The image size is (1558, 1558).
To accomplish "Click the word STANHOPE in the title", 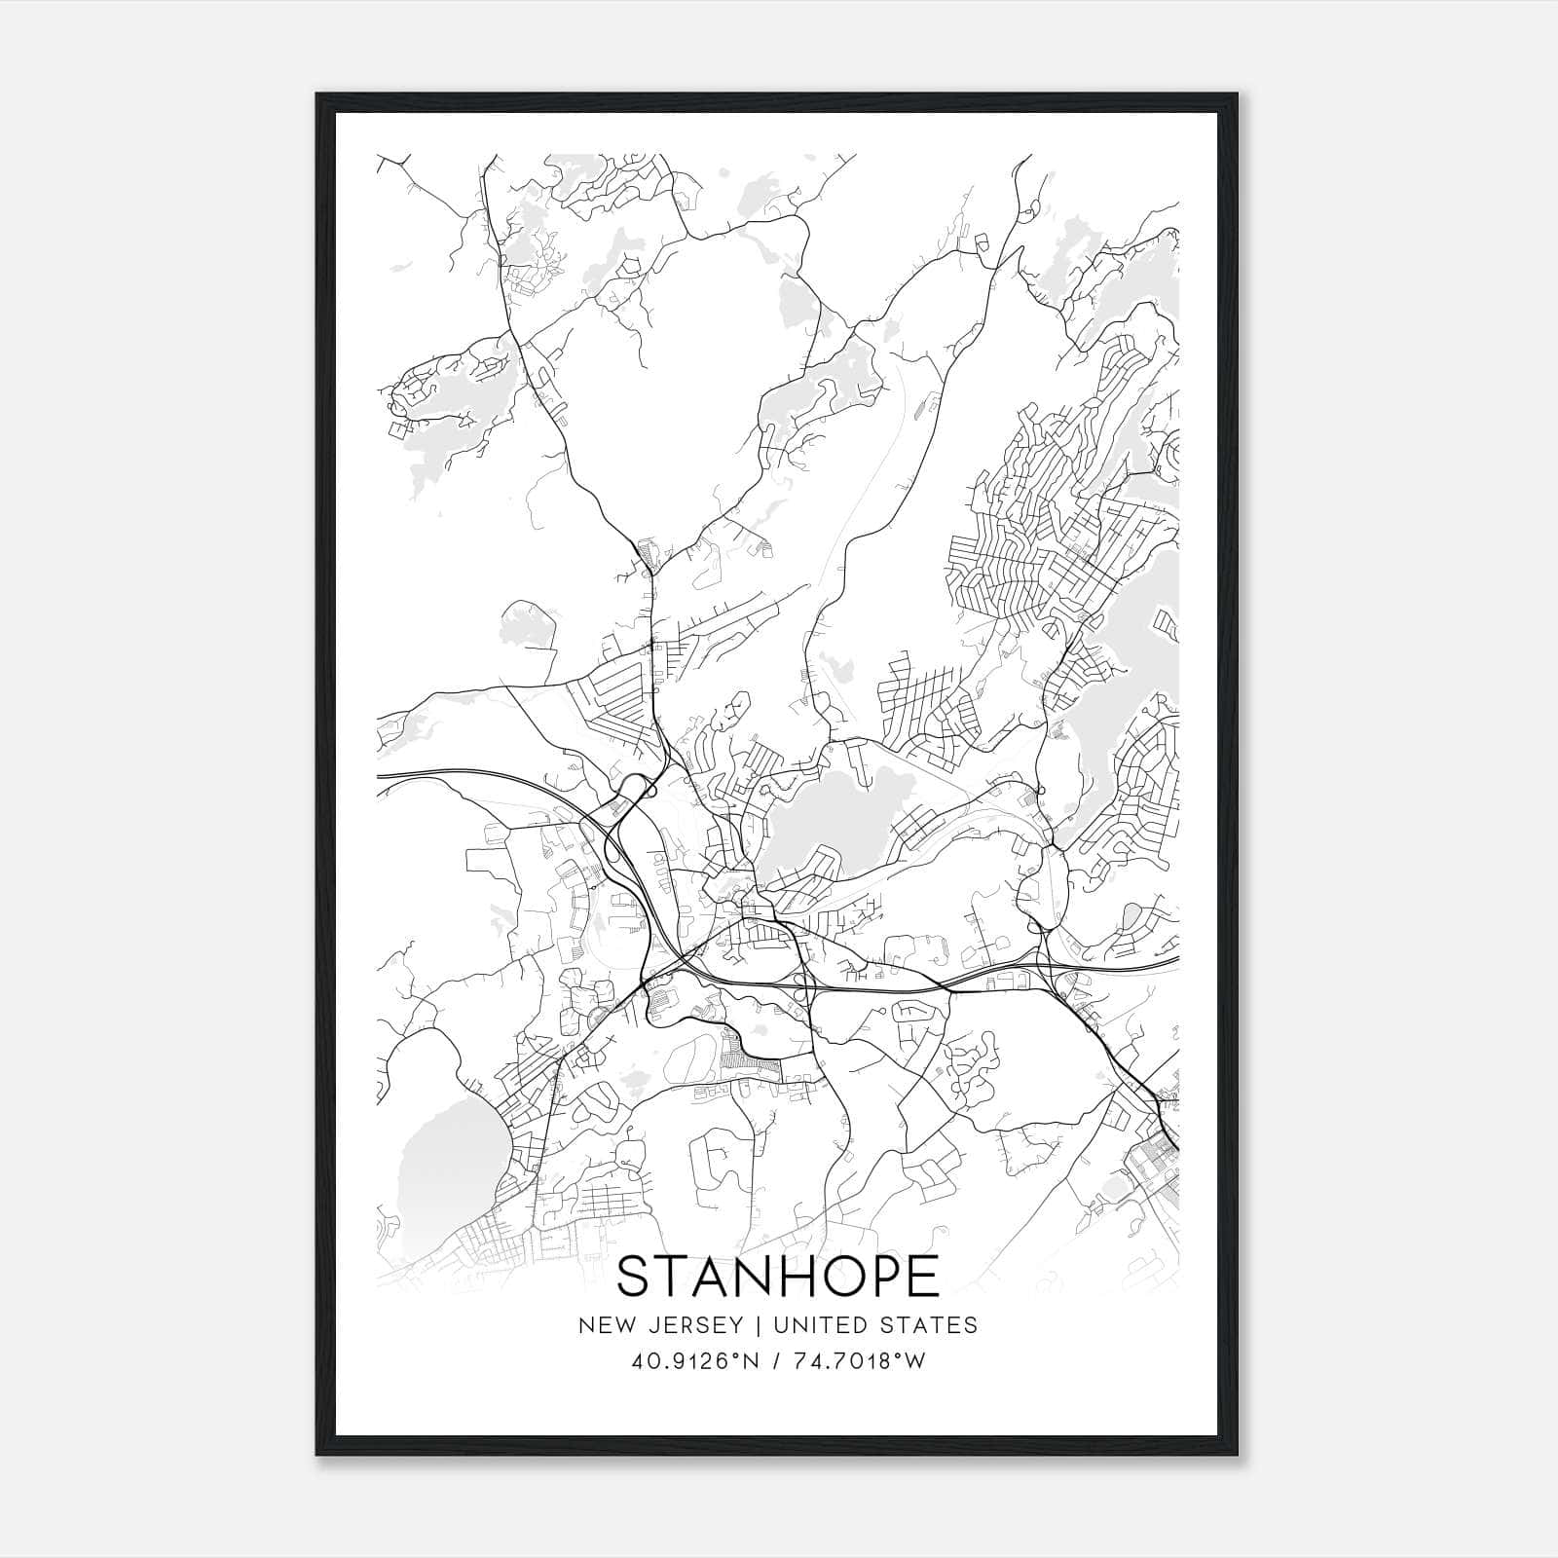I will (x=778, y=1277).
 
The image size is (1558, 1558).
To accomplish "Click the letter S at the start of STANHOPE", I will (x=634, y=1277).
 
